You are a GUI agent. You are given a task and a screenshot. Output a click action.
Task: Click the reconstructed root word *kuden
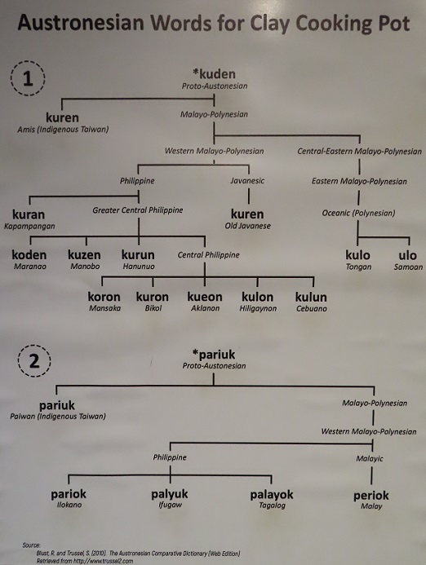coord(214,74)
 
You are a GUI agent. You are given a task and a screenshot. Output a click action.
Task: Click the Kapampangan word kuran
coord(29,214)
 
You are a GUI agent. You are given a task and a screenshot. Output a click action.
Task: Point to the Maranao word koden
coord(29,254)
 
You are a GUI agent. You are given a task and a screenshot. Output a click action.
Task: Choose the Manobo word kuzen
coord(84,254)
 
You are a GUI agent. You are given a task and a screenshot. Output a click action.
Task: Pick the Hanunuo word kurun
coord(138,254)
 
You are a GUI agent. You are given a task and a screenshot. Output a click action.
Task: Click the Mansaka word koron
coord(104,297)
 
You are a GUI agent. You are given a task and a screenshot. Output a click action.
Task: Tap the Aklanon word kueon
coord(205,297)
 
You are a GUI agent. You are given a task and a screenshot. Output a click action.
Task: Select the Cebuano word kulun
coord(311,297)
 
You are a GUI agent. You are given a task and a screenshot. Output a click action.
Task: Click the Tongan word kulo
coord(357,255)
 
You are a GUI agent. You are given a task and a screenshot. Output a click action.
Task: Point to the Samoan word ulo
coord(407,255)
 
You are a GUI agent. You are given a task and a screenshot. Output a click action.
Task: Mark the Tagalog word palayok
coord(272,494)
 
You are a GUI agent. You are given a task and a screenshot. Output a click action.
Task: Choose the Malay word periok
coord(371,496)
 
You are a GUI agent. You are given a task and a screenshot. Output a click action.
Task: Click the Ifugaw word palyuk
coord(170,494)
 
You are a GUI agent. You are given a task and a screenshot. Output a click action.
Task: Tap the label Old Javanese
coord(247,226)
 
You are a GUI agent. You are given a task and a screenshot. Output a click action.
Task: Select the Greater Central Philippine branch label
coord(137,210)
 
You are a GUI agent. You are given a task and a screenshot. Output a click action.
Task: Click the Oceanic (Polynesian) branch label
coord(358,213)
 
